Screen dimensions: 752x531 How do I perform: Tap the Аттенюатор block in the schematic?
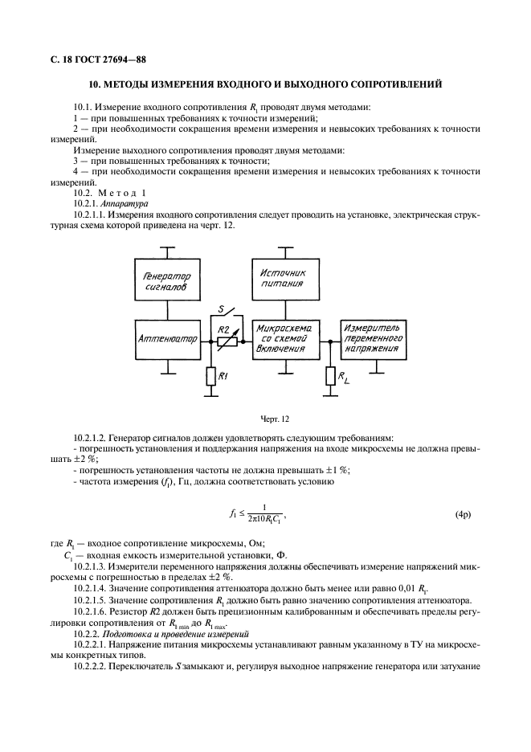click(166, 340)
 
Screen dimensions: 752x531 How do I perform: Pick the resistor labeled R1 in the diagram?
click(210, 375)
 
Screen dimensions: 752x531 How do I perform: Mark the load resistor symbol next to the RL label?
click(329, 375)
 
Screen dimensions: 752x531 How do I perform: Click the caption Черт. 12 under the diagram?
click(274, 419)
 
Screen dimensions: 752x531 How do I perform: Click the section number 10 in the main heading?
click(93, 84)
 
